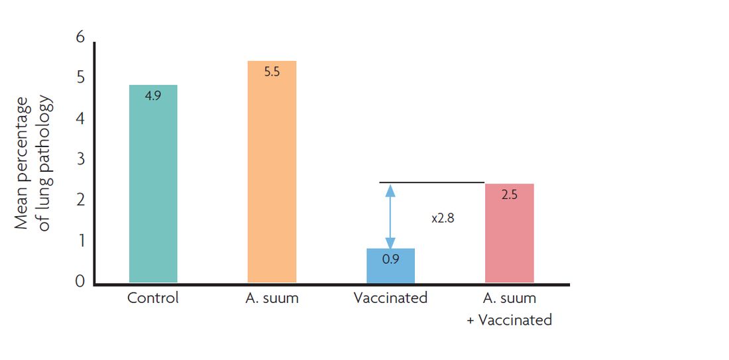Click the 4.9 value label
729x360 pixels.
point(152,95)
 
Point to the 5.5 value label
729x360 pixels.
point(272,72)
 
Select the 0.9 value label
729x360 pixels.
point(390,259)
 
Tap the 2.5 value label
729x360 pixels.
point(509,196)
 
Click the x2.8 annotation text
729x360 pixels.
point(442,217)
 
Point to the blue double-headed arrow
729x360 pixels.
point(390,215)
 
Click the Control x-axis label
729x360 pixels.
point(153,298)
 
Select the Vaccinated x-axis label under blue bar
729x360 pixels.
point(390,298)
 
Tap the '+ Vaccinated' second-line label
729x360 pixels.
point(510,320)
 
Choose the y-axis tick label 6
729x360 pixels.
point(81,37)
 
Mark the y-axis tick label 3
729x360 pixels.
point(81,159)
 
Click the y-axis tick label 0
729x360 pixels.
point(81,282)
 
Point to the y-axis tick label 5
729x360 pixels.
point(81,78)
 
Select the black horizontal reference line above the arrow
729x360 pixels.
point(431,182)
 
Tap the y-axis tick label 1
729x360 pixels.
point(81,241)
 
